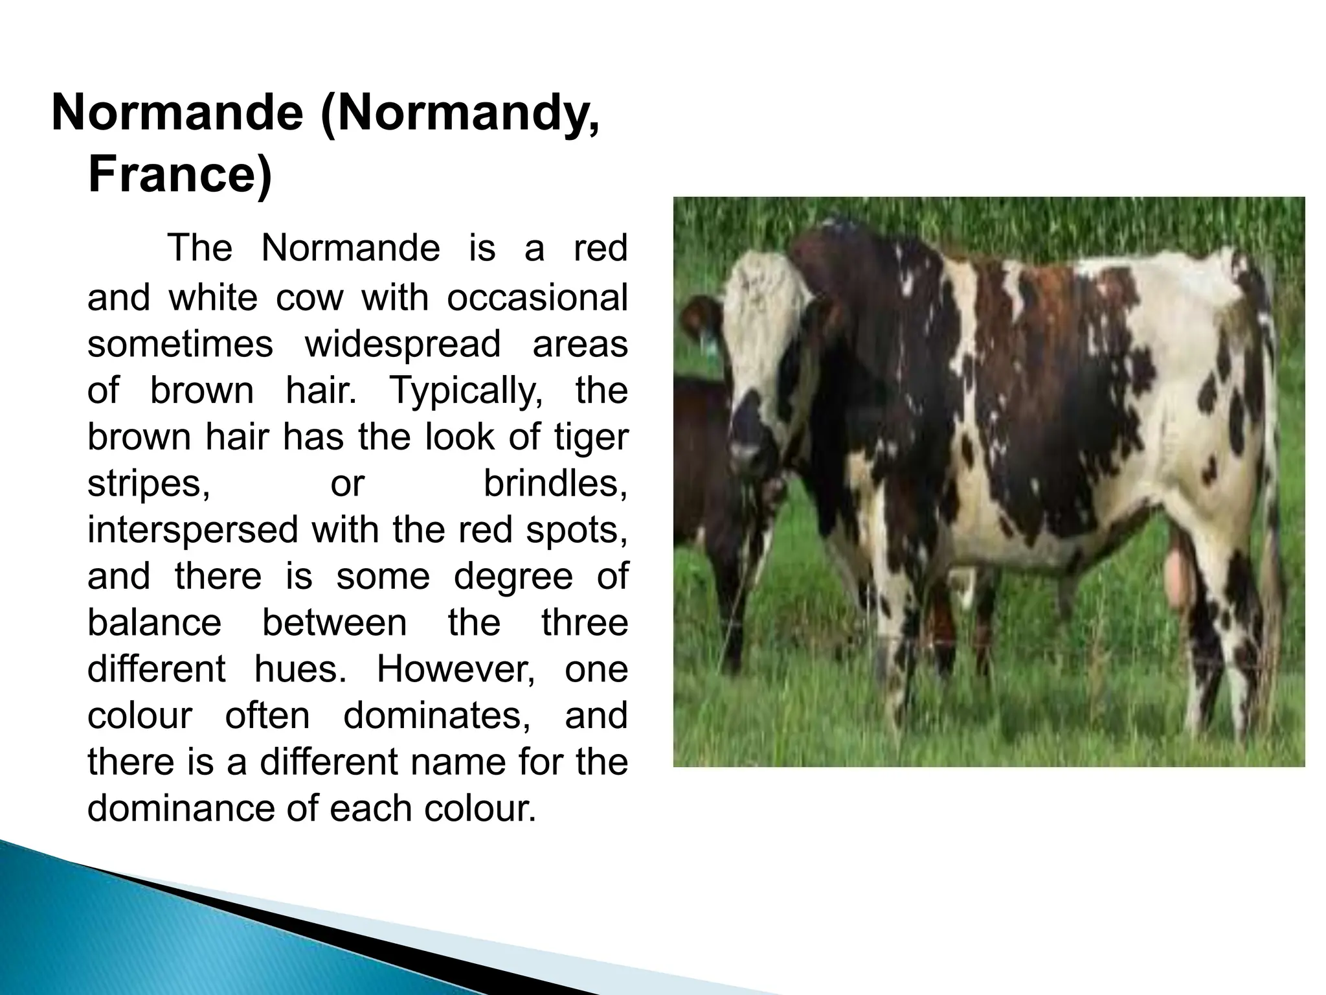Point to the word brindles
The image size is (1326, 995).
555,483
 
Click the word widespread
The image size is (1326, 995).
403,343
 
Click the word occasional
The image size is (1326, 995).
537,297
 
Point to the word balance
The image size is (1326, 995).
154,623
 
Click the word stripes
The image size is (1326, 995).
148,483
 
